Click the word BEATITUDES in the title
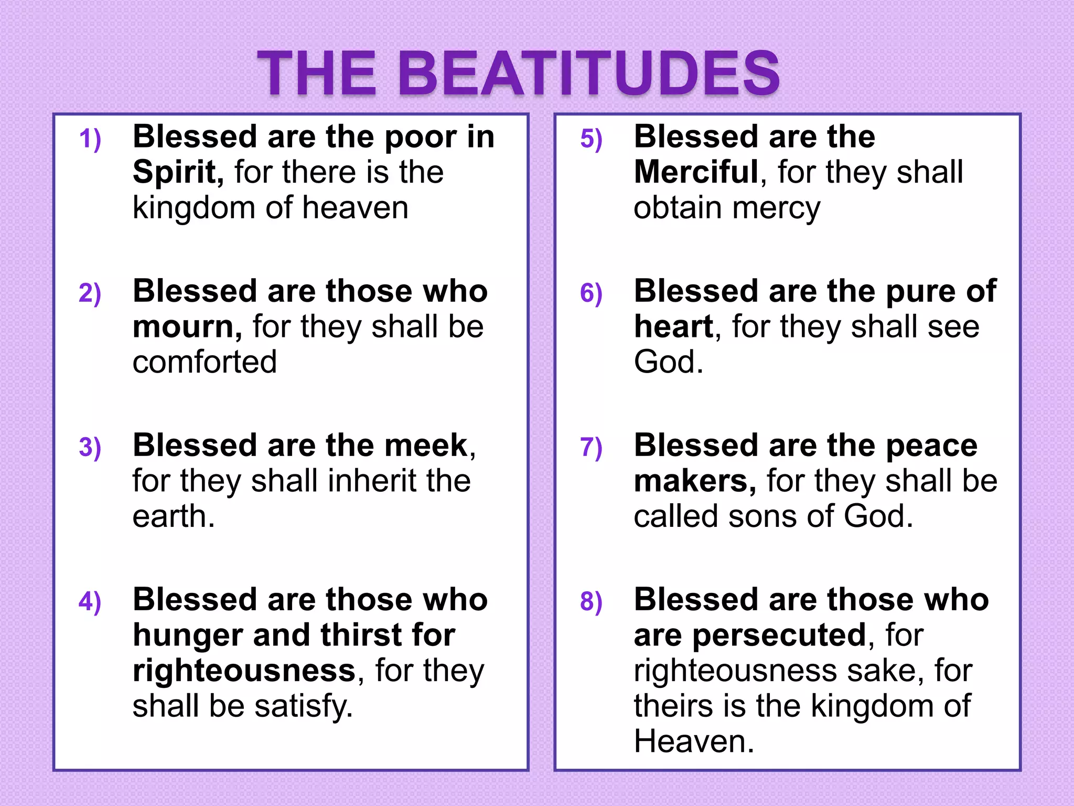[590, 73]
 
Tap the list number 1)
[90, 139]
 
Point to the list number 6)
[591, 293]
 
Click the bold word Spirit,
[178, 172]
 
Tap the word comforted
[205, 362]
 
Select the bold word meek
[425, 446]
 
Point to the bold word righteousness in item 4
[244, 671]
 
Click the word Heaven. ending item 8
[694, 741]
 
